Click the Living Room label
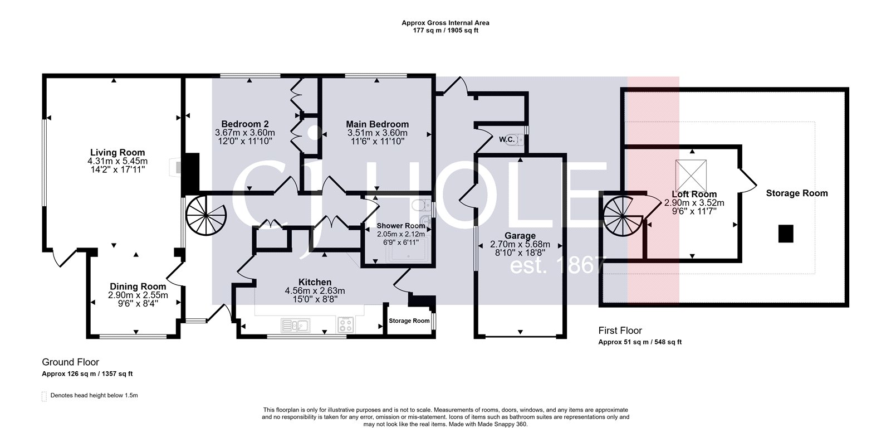click(118, 152)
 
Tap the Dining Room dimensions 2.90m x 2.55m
click(138, 295)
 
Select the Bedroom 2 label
click(245, 124)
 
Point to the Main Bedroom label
click(377, 124)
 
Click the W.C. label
click(506, 139)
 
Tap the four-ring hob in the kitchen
click(345, 324)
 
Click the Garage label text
click(520, 236)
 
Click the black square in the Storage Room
click(785, 234)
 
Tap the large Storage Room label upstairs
click(796, 193)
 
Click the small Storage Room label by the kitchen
click(409, 321)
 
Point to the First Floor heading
click(620, 331)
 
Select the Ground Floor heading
click(70, 362)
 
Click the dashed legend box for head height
click(45, 396)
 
